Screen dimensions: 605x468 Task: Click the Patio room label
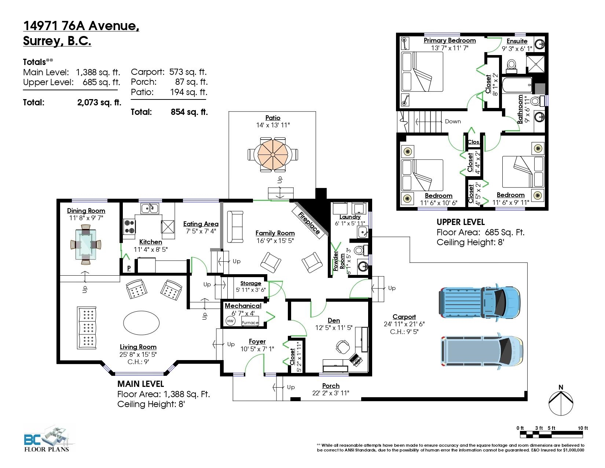tap(272, 118)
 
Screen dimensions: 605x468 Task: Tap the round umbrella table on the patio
tap(273, 155)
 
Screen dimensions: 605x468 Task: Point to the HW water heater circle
tap(230, 321)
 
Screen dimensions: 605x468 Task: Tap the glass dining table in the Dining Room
tap(86, 244)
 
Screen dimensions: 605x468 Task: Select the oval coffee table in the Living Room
tap(141, 323)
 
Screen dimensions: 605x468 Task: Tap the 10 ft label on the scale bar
tap(583, 428)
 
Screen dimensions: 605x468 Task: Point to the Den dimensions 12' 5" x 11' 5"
tap(334, 328)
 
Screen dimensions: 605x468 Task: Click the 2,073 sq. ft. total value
tap(99, 102)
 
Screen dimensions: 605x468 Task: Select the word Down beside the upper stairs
tap(453, 121)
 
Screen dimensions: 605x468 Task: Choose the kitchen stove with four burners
tap(129, 226)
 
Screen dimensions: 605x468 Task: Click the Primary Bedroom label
tap(450, 40)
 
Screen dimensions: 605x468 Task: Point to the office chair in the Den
tap(343, 347)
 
